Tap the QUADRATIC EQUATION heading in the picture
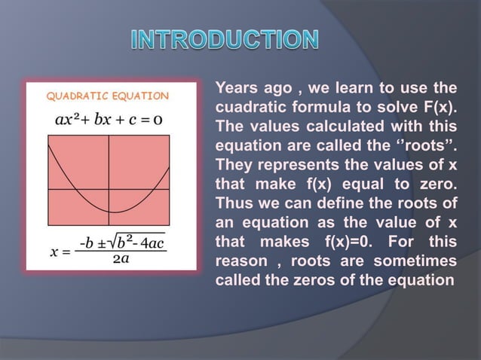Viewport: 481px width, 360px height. pos(108,96)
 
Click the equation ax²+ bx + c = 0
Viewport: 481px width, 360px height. pos(110,119)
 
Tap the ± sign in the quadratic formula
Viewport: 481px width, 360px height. pos(102,243)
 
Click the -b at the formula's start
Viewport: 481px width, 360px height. pos(87,243)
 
